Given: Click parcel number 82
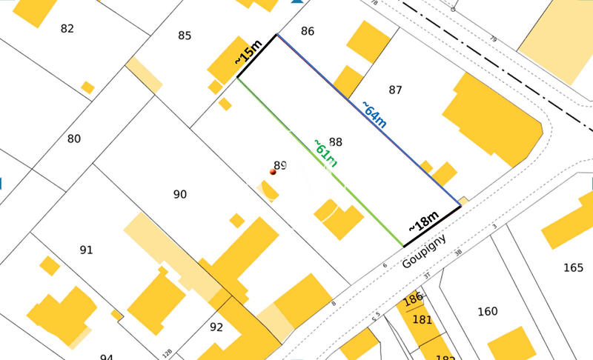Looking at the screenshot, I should (67, 29).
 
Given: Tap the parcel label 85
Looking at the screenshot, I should (185, 35).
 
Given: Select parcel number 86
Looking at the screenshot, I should (308, 31).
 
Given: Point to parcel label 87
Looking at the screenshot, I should (395, 90).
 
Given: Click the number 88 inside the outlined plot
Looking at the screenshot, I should (336, 141).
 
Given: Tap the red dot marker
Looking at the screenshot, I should (273, 172).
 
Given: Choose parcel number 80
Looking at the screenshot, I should (74, 139).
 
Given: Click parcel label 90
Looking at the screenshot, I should (179, 194).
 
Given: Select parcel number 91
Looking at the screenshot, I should (86, 250).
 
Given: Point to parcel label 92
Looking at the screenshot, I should (216, 327).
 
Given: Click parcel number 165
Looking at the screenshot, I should (573, 267).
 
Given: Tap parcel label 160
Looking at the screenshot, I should (488, 311).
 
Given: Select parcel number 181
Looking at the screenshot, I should (422, 320).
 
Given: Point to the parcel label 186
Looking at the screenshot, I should (413, 300).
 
